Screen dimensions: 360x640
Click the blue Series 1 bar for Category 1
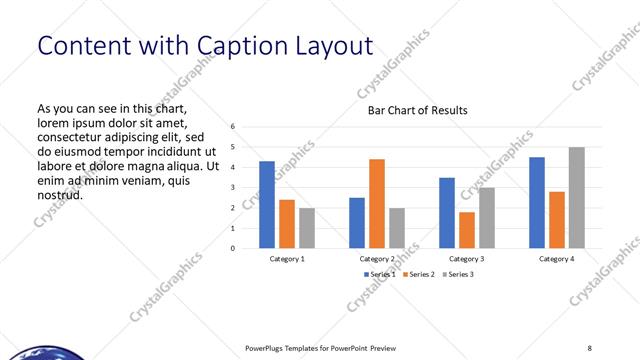point(267,204)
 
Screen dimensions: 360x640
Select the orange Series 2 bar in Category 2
point(377,203)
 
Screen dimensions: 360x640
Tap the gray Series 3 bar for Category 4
point(577,197)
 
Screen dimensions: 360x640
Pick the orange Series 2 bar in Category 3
point(467,230)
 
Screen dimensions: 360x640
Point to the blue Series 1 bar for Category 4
point(537,202)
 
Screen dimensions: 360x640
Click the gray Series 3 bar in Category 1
point(307,228)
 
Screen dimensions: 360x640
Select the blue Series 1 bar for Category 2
point(357,222)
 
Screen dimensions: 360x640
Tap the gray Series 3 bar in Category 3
point(487,217)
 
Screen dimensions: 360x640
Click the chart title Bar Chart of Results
point(418,110)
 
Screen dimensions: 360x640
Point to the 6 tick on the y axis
point(232,127)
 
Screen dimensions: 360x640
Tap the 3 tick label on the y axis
point(232,187)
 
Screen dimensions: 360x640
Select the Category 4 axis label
point(557,259)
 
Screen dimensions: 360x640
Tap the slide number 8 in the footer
point(589,348)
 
